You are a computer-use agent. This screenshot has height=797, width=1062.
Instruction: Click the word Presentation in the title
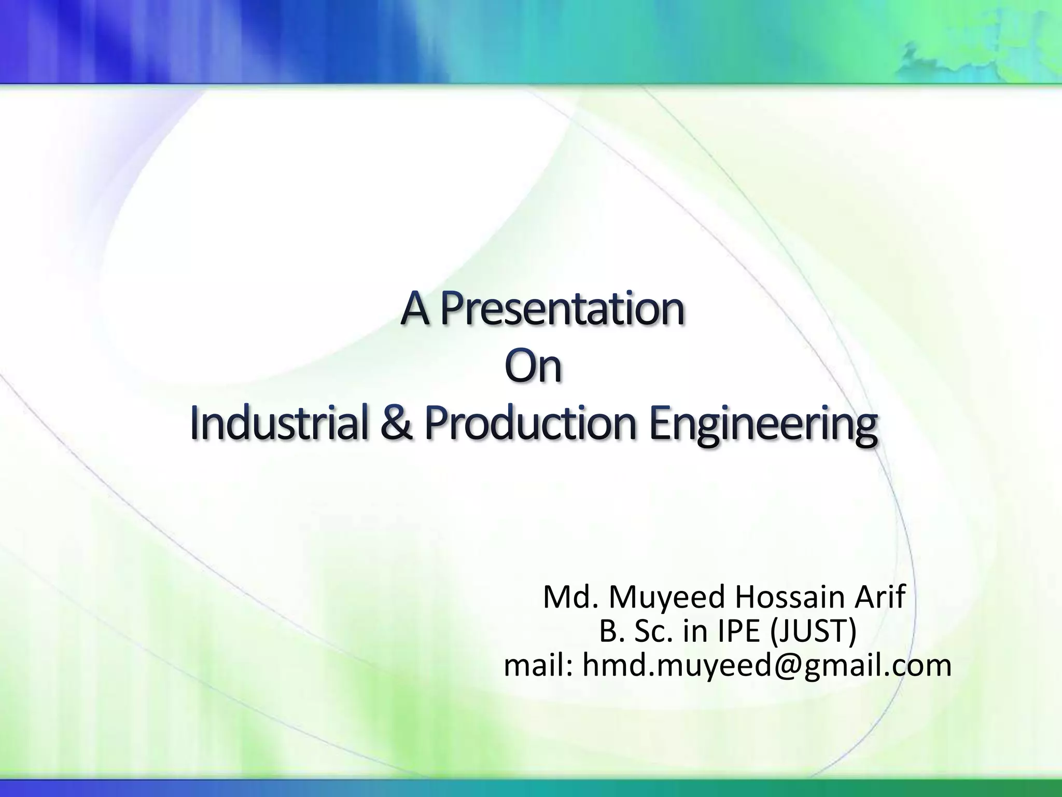563,310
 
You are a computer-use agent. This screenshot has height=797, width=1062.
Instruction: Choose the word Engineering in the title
763,425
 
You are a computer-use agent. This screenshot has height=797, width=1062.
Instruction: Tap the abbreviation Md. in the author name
571,597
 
